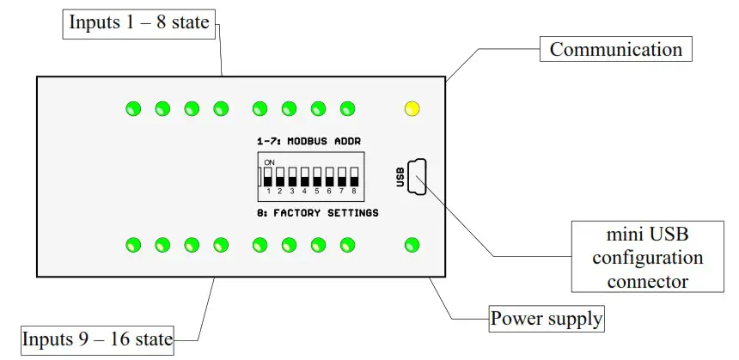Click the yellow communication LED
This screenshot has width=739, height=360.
(412, 108)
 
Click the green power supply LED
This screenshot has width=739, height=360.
(412, 245)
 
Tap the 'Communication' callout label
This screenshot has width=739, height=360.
(615, 49)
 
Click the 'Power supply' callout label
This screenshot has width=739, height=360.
(547, 320)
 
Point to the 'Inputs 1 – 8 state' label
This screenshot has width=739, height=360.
(138, 22)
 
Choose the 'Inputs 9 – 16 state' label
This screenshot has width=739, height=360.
(97, 339)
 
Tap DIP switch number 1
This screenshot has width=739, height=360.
(268, 177)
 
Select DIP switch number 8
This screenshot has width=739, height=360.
(353, 177)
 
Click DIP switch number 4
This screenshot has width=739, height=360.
(304, 177)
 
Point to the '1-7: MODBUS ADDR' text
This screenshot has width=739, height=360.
(308, 140)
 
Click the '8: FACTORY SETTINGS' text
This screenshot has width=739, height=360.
(317, 212)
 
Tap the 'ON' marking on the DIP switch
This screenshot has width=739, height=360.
(269, 162)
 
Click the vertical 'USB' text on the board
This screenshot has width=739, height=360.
(400, 176)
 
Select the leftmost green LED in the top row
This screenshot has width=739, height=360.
(133, 108)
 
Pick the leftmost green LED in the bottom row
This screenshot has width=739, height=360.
(133, 245)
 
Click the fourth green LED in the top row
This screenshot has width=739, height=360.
(221, 108)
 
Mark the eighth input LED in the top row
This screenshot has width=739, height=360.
(347, 108)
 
